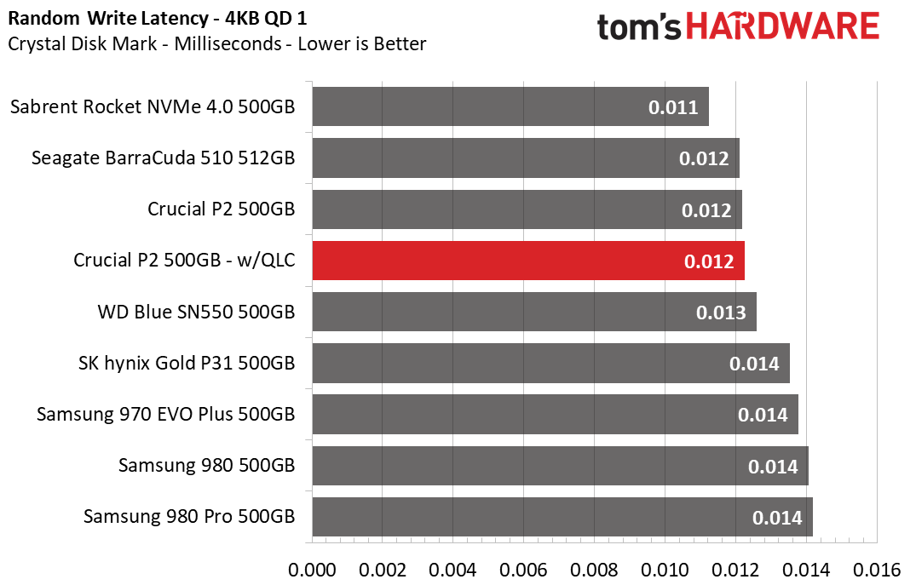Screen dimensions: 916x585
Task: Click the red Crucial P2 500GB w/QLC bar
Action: pyautogui.click(x=528, y=261)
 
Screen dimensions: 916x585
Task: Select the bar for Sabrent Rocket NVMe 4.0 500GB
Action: pyautogui.click(x=510, y=106)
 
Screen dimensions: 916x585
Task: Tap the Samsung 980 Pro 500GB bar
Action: pyautogui.click(x=562, y=517)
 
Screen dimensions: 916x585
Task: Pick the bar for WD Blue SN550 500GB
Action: pyautogui.click(x=534, y=312)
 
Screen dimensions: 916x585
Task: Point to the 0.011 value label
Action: pyautogui.click(x=673, y=107)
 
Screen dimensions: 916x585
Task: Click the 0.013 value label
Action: pyautogui.click(x=721, y=313)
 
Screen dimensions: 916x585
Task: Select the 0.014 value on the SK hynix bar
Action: pyautogui.click(x=754, y=364)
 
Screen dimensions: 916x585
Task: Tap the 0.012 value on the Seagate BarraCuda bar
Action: pyautogui.click(x=704, y=158)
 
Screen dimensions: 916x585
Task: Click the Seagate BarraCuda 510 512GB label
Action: pyautogui.click(x=163, y=158)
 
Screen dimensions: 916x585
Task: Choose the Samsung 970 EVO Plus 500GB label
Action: pyautogui.click(x=166, y=414)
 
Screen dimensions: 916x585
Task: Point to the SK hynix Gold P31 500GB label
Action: pyautogui.click(x=187, y=363)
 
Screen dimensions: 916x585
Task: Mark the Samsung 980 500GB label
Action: pyautogui.click(x=207, y=465)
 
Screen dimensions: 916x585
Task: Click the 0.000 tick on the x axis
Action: pyautogui.click(x=313, y=570)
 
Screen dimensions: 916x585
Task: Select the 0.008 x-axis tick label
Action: pyautogui.click(x=594, y=570)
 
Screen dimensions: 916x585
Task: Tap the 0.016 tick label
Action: pyautogui.click(x=877, y=570)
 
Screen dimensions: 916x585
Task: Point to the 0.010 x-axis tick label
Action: pyautogui.click(x=665, y=570)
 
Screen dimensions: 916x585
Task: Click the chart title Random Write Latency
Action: pyautogui.click(x=108, y=19)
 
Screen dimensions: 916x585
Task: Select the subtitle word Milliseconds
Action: pyautogui.click(x=228, y=43)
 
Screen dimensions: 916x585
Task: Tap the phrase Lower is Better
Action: pyautogui.click(x=362, y=43)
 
